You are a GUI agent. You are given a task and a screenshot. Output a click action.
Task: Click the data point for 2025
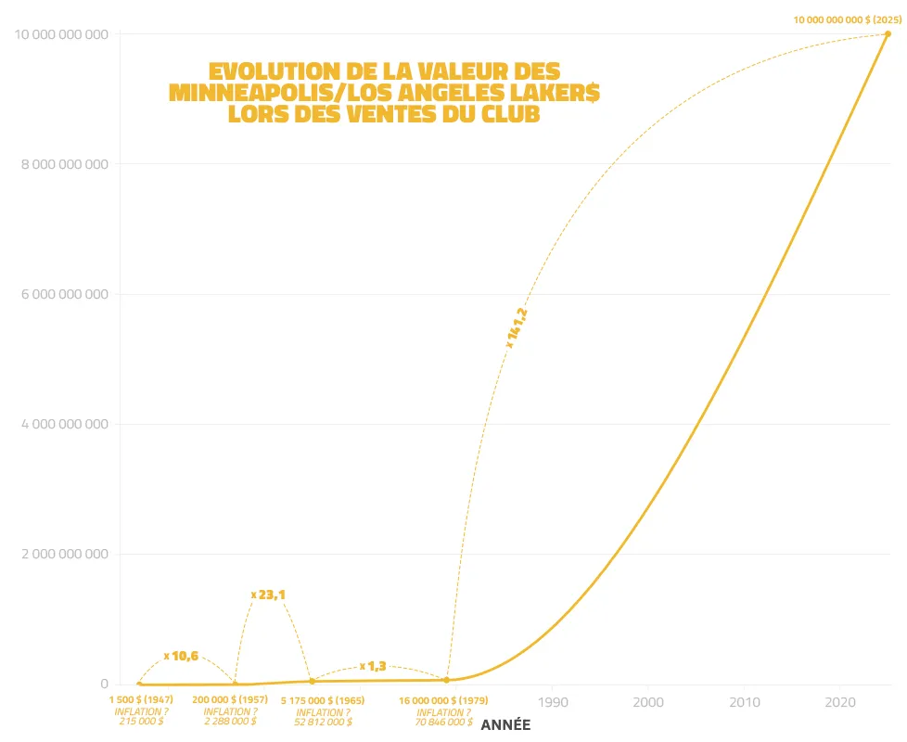(888, 34)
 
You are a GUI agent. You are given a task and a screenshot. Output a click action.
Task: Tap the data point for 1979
(447, 680)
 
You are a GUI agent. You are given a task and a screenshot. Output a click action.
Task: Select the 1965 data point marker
(312, 682)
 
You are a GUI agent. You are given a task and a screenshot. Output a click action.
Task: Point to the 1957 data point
(235, 684)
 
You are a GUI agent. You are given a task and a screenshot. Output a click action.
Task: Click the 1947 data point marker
(139, 684)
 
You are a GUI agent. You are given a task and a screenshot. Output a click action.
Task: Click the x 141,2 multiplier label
(517, 329)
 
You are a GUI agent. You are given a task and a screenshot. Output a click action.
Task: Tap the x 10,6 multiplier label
(181, 656)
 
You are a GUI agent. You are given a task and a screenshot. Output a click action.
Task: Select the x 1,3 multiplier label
(373, 666)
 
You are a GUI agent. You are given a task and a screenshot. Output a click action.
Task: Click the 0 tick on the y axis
(105, 684)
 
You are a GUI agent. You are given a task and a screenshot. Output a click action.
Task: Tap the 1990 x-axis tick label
(553, 702)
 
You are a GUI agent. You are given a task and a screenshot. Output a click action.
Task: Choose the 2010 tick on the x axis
(745, 702)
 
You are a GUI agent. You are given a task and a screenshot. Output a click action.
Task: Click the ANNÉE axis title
(505, 724)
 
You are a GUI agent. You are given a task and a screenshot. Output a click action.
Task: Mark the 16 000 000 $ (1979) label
(443, 700)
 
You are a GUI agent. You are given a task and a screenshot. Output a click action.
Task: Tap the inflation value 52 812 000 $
(323, 721)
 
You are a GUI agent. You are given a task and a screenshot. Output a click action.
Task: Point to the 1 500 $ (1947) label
(141, 700)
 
